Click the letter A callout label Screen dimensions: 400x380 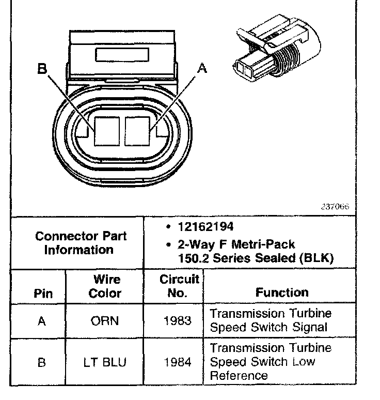[x=202, y=67]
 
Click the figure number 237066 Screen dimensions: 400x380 [x=336, y=206]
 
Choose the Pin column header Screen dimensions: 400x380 [x=42, y=294]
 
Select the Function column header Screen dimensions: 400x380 [x=282, y=293]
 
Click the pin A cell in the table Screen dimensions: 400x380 [x=42, y=321]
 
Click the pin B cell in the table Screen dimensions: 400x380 [x=42, y=362]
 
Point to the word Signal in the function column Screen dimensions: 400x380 [x=308, y=327]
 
